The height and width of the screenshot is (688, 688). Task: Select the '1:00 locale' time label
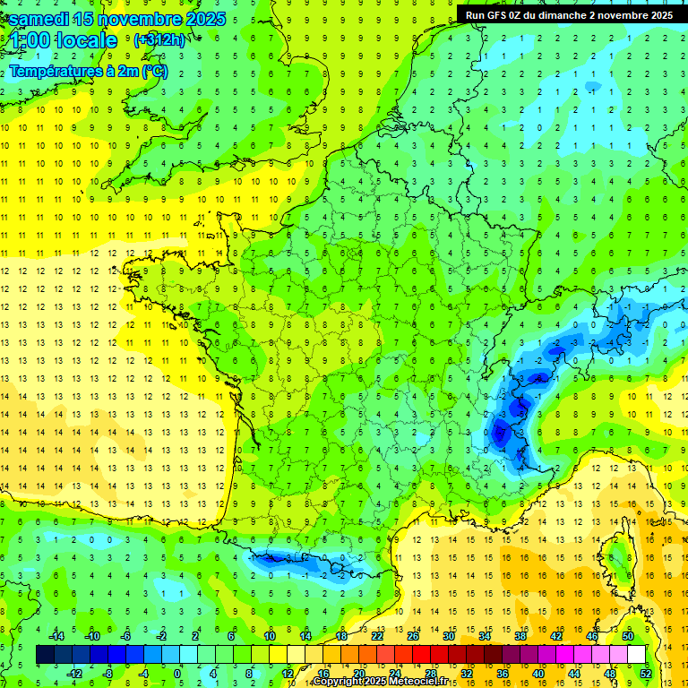64,40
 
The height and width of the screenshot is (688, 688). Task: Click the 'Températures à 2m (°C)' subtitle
88,71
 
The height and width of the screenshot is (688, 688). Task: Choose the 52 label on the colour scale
646,674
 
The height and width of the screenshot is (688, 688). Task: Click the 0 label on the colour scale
176,674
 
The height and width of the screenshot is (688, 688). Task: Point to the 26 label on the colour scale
413,636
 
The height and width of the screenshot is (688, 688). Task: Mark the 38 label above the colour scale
520,636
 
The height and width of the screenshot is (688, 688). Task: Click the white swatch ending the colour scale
636,655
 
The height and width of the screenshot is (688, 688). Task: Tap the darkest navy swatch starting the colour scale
45,655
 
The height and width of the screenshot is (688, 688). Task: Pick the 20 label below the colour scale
358,674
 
